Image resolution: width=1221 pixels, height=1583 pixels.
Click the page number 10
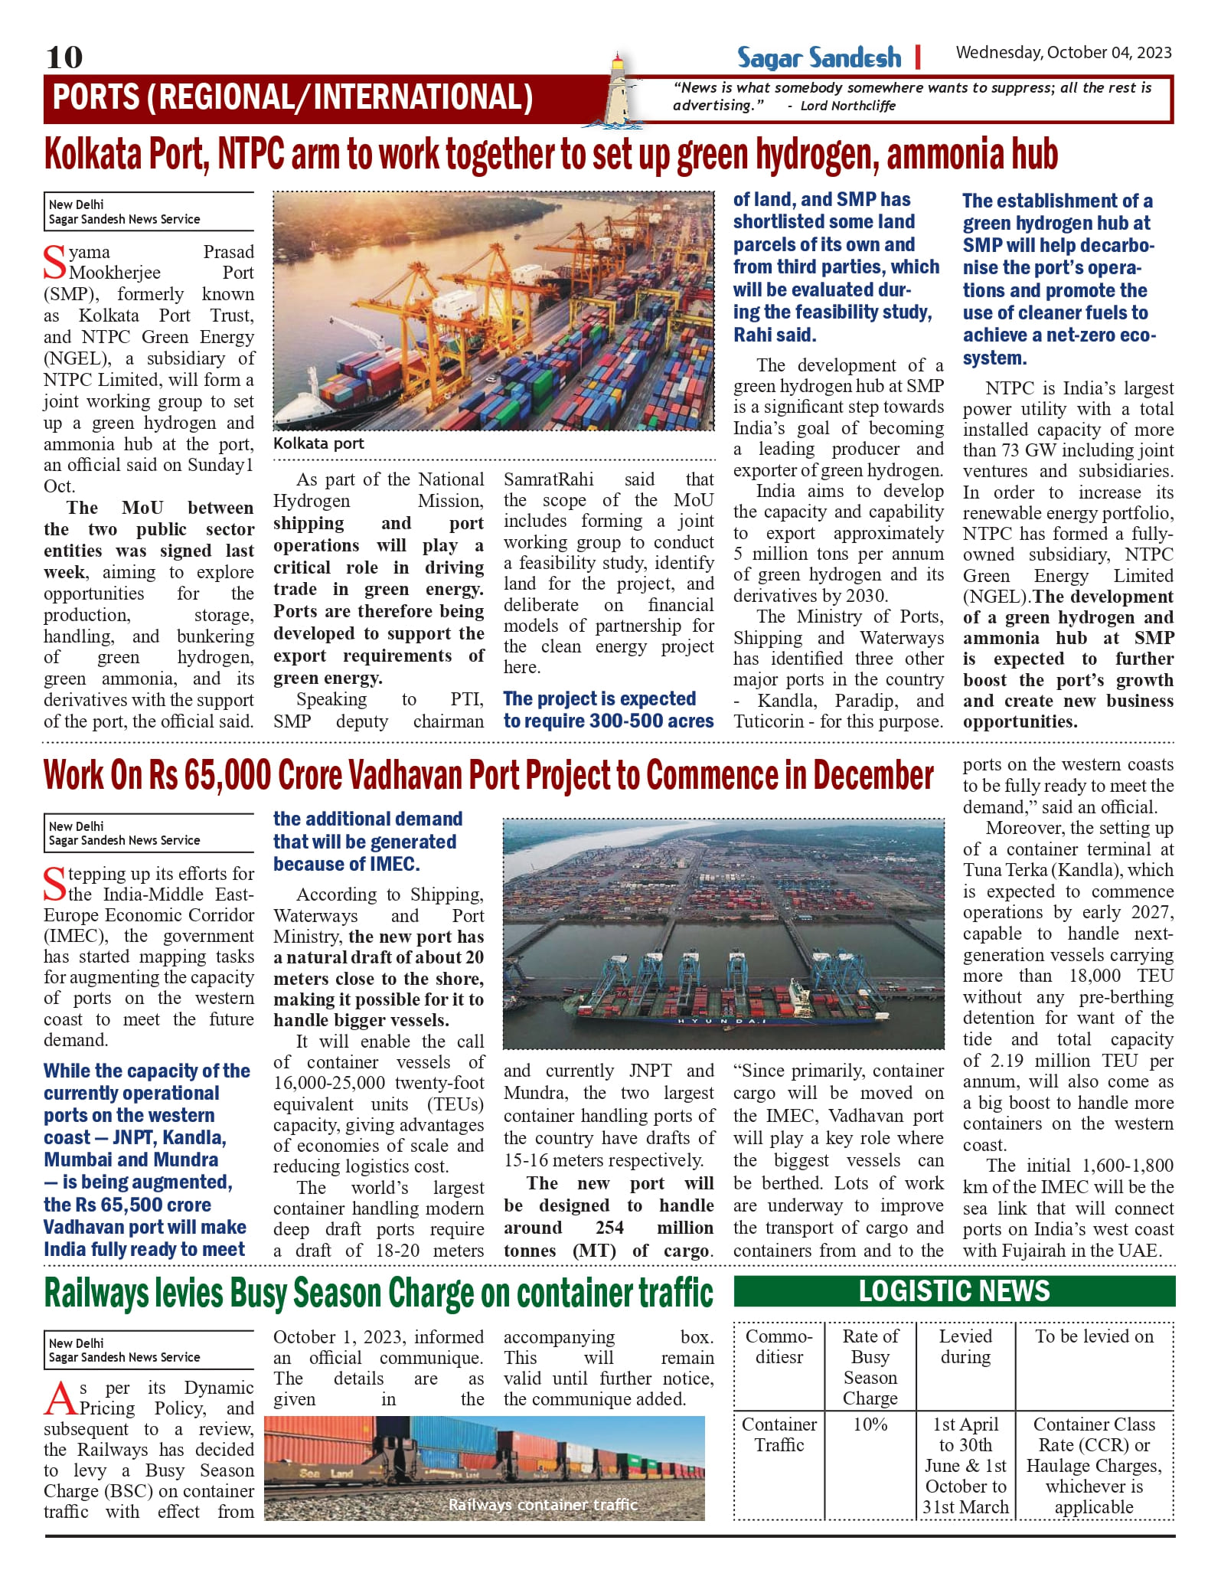(64, 57)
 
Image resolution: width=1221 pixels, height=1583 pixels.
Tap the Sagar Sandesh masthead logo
(819, 58)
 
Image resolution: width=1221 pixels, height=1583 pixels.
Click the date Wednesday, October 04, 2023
(1063, 53)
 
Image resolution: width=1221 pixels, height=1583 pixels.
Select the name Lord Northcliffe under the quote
(847, 106)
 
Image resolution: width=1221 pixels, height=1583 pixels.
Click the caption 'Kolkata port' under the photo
(318, 444)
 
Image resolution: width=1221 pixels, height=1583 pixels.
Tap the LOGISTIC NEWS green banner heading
(954, 1291)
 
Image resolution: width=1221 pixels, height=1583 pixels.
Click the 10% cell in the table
(870, 1424)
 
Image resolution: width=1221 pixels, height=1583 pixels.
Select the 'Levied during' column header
(965, 1346)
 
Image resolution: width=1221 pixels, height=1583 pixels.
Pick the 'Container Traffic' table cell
(779, 1434)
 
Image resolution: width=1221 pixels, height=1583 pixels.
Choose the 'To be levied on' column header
(1094, 1336)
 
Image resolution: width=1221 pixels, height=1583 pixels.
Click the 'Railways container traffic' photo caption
(543, 1505)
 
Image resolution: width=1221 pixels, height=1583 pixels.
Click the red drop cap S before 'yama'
(55, 263)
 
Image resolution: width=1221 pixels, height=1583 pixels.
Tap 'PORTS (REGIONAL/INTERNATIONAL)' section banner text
(292, 98)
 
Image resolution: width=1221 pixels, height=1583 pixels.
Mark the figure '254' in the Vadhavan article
(609, 1228)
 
